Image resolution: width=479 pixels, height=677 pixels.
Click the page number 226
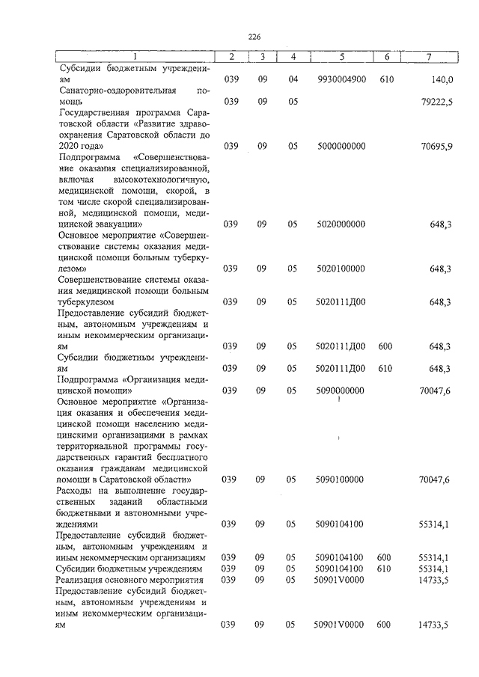click(254, 36)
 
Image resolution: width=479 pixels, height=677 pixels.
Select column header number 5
click(341, 57)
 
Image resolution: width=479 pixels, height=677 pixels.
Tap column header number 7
click(429, 57)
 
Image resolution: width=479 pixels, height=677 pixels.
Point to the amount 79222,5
click(436, 101)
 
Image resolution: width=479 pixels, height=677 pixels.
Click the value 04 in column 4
click(293, 79)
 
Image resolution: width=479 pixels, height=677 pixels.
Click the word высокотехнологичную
click(161, 180)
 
